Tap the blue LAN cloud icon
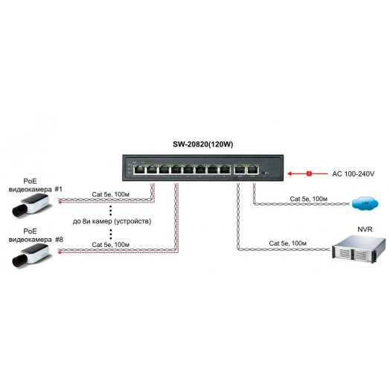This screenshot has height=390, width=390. click(362, 203)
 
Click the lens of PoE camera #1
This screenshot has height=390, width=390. click(18, 210)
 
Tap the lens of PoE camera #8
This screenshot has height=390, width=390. click(18, 261)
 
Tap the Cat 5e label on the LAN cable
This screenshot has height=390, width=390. click(306, 199)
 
